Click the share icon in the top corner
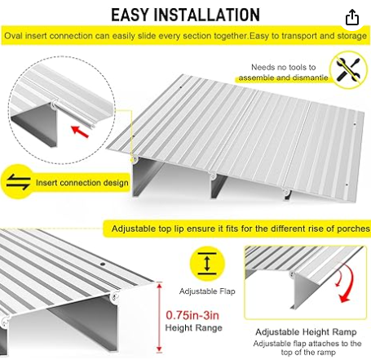point(352,17)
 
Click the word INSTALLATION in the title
point(207,15)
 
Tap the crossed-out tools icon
point(348,69)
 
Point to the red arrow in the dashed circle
point(80,131)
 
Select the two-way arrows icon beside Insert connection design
point(18,181)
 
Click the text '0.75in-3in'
point(192,315)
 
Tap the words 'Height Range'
point(193,327)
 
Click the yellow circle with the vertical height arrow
point(207,264)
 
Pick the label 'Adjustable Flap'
point(207,291)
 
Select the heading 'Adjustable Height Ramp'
point(306,332)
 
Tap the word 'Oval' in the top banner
point(14,36)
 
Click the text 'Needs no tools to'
point(284,67)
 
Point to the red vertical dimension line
point(160,318)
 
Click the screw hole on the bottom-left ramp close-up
point(103,264)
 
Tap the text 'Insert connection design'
point(82,183)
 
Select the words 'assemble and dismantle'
point(283,78)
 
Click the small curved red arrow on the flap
point(339,278)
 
